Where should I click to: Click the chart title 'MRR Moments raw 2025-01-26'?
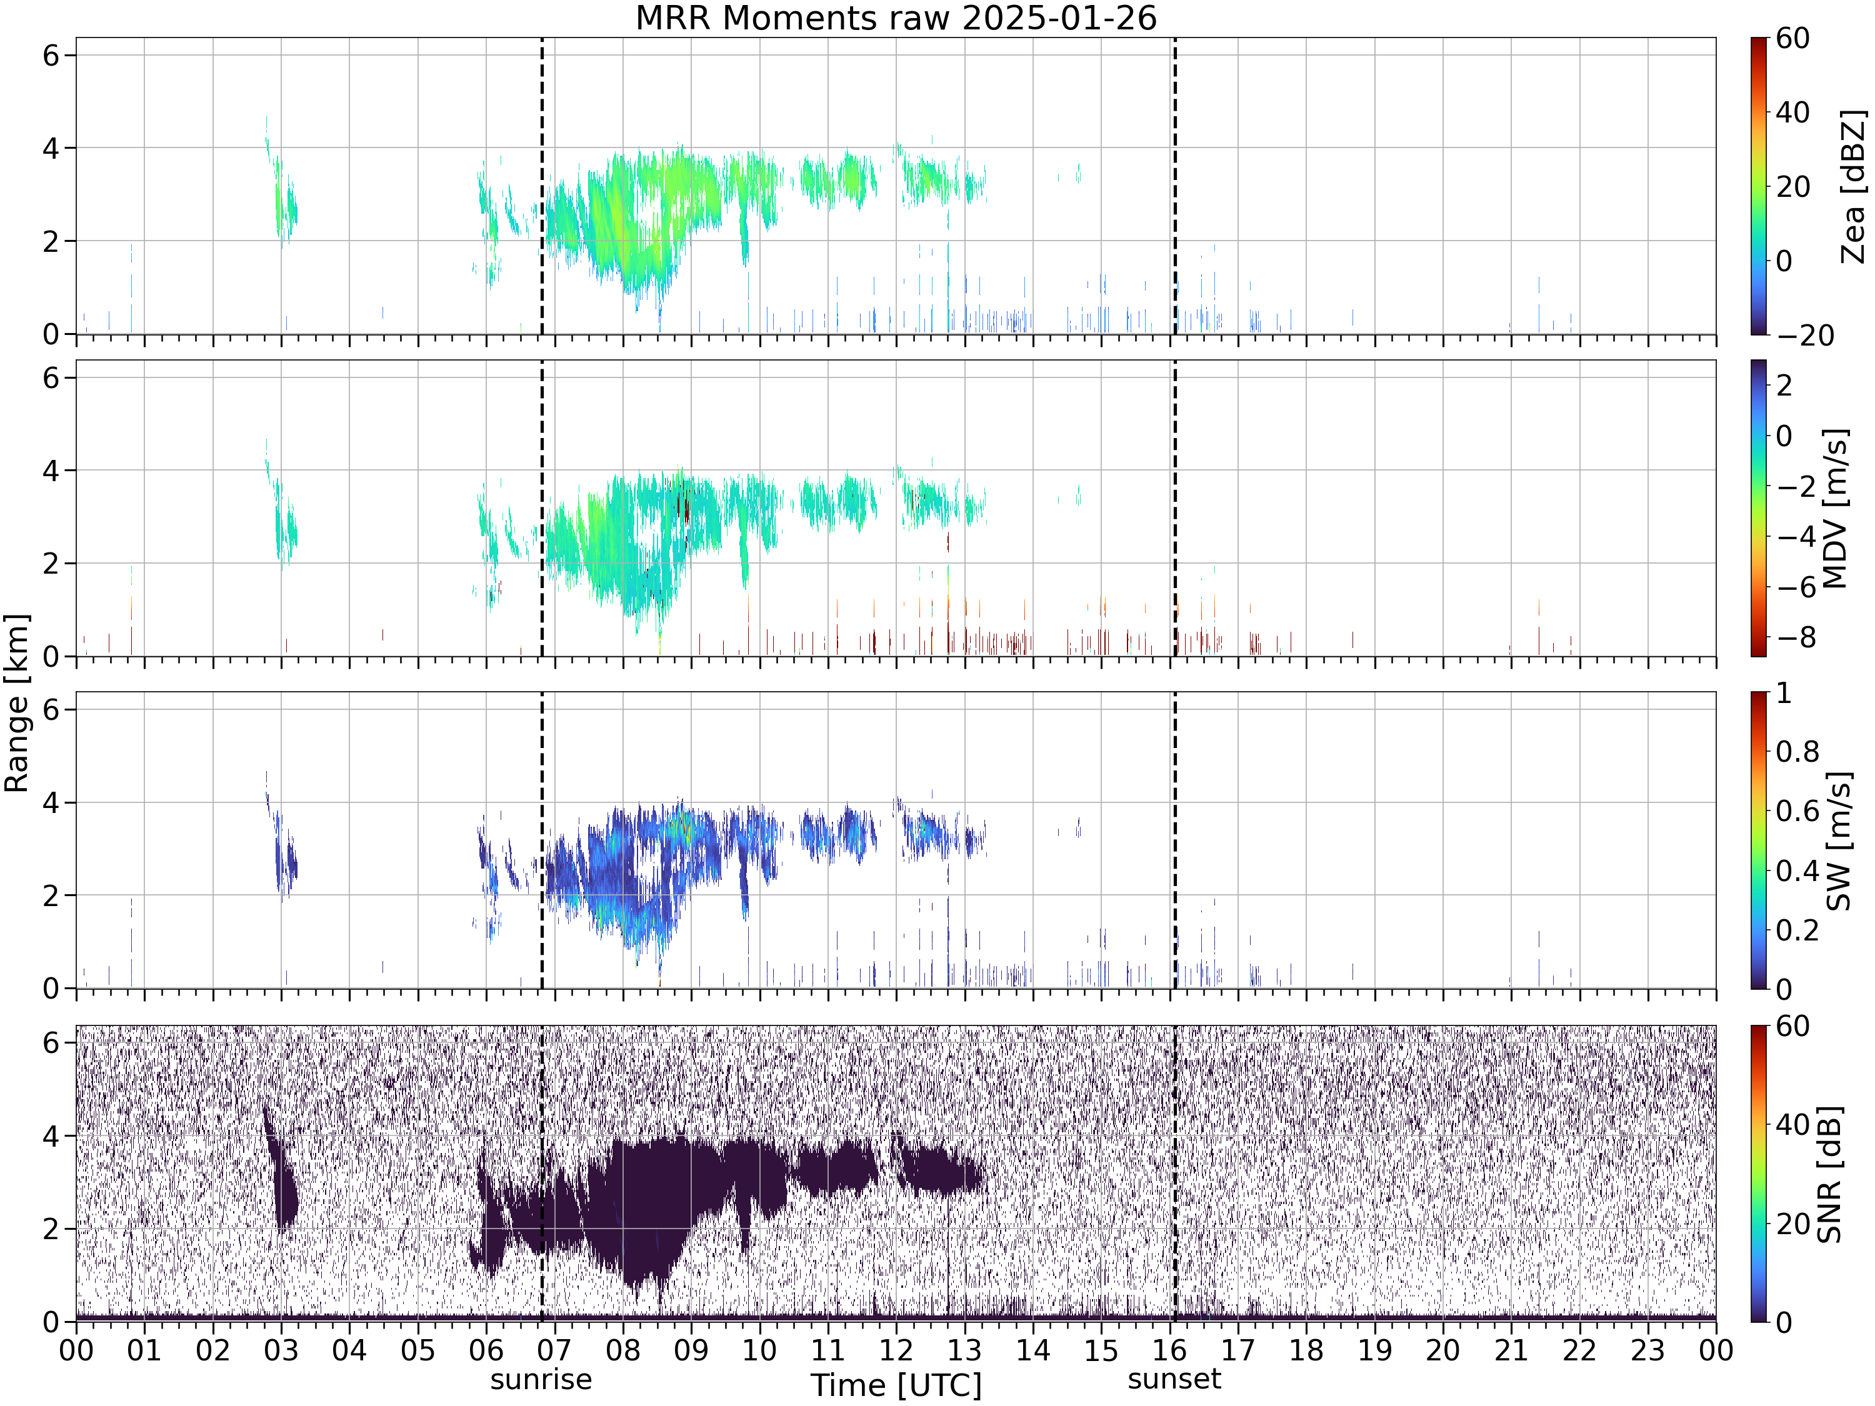(x=896, y=17)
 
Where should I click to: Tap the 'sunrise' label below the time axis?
(x=541, y=1379)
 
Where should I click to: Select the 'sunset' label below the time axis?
(x=1174, y=1379)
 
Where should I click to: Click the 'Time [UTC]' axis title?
(x=896, y=1385)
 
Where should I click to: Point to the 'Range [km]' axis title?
(x=16, y=704)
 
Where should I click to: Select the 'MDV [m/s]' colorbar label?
(x=1835, y=509)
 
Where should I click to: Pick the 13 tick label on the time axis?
(x=964, y=1350)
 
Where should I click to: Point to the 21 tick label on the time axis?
(x=1511, y=1350)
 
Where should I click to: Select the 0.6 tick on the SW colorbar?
(x=1796, y=811)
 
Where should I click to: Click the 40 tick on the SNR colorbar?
(x=1792, y=1125)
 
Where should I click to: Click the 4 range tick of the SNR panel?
(x=51, y=1135)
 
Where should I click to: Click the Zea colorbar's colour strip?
(x=1759, y=186)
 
